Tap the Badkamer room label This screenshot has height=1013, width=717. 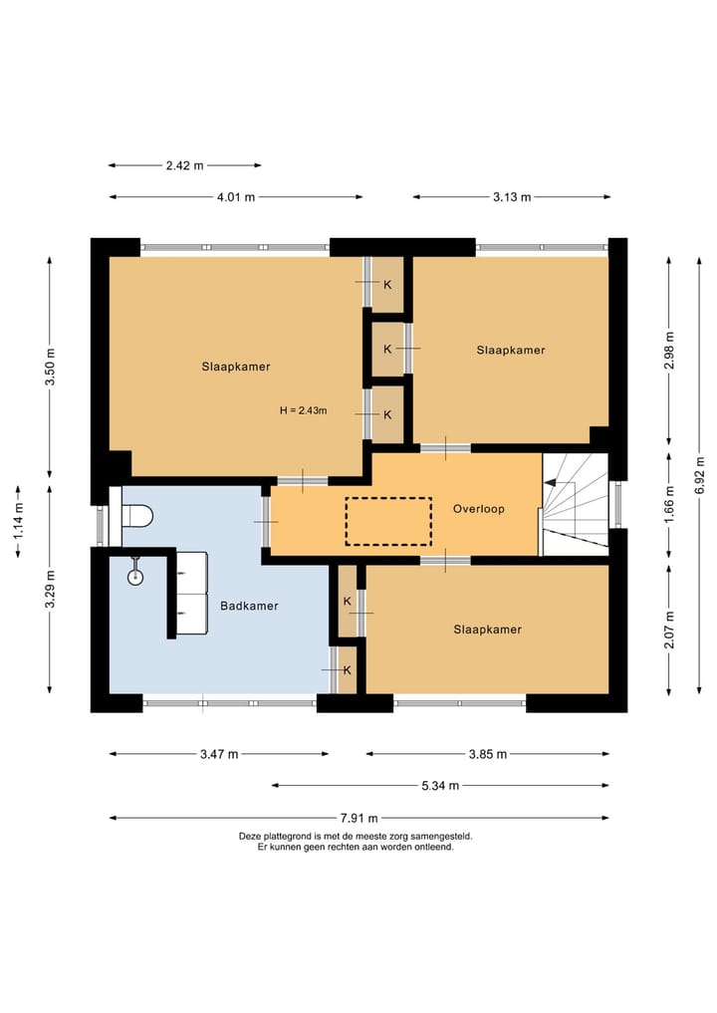tap(249, 606)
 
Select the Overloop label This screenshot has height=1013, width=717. tap(479, 509)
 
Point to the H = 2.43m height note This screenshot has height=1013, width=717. tap(304, 410)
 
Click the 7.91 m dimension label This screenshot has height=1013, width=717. tap(359, 819)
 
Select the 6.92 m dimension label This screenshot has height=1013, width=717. tap(699, 475)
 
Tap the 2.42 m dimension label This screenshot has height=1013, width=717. tap(185, 165)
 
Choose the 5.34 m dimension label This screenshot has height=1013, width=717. tap(440, 786)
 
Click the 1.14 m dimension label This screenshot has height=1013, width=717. tap(18, 521)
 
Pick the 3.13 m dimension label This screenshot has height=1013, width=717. tap(512, 197)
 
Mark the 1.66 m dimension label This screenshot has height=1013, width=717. tap(669, 504)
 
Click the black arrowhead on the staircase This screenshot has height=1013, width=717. tap(551, 482)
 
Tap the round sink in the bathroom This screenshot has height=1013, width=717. tap(135, 577)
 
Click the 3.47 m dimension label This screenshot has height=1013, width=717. tap(219, 754)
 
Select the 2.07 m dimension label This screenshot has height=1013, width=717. tap(669, 631)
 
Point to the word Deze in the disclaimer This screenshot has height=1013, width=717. tap(249, 836)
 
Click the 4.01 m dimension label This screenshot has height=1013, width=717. tap(236, 197)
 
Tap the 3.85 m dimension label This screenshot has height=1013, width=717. tap(488, 754)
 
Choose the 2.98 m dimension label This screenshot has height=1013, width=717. tap(669, 351)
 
